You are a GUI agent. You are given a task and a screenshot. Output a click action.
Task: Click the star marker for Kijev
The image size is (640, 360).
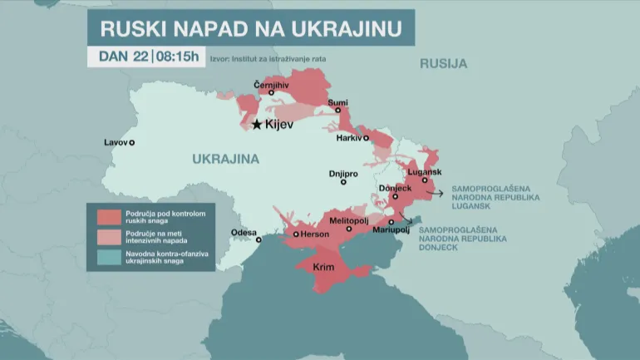tap(257, 125)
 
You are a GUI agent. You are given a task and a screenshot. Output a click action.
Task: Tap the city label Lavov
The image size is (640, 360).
tap(116, 142)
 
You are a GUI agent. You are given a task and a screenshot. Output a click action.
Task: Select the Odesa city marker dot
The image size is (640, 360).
tap(258, 239)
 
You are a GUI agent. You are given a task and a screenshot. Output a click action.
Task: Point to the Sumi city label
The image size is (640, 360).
tap(338, 102)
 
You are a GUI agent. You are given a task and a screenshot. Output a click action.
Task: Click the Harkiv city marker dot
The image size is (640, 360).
tap(366, 139)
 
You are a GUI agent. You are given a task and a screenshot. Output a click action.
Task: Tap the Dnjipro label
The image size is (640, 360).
tap(343, 173)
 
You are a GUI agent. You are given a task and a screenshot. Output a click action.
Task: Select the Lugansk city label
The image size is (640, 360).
tap(421, 170)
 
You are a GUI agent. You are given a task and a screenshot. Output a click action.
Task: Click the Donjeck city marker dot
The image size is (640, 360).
tap(396, 197)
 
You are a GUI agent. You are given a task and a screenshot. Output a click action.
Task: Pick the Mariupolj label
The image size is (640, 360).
tap(390, 229)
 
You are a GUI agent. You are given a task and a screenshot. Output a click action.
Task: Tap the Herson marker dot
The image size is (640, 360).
tap(295, 234)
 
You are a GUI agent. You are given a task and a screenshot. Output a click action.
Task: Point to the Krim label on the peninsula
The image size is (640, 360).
tap(325, 268)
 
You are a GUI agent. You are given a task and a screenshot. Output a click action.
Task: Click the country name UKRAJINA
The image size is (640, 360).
tap(225, 159)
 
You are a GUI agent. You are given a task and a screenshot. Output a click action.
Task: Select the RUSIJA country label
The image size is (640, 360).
tap(443, 63)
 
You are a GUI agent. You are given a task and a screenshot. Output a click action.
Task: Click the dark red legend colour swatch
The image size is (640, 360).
tap(109, 216)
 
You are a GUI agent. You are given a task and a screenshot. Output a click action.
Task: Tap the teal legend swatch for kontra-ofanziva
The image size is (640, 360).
tap(109, 258)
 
